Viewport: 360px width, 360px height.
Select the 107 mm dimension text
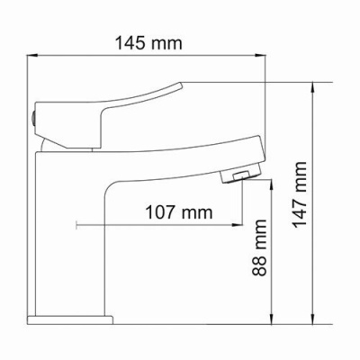click(x=178, y=212)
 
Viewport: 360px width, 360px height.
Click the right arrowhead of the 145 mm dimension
click(x=266, y=57)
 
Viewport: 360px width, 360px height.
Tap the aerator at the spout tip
click(x=239, y=173)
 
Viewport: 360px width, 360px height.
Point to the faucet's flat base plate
click(x=72, y=318)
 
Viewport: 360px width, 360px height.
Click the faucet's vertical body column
click(x=72, y=234)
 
